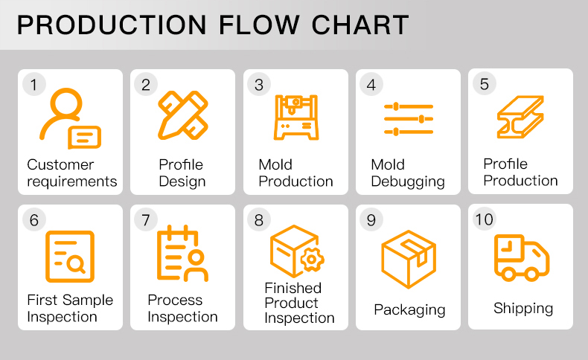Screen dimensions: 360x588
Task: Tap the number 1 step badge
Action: click(x=33, y=84)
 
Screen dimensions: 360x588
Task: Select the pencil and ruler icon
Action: click(x=182, y=115)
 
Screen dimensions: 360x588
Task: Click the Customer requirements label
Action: click(x=71, y=173)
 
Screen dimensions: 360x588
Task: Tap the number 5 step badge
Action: click(x=485, y=83)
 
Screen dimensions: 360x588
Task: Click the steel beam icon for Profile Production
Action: click(x=520, y=118)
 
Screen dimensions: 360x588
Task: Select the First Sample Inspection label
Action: click(x=70, y=308)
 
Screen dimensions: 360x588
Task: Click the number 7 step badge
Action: click(x=146, y=219)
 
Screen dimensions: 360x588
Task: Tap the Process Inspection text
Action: click(x=182, y=308)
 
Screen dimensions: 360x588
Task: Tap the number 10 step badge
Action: click(x=485, y=219)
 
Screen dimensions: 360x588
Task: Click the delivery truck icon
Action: click(x=521, y=257)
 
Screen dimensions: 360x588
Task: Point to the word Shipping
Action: click(x=523, y=308)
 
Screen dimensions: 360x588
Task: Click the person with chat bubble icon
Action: click(x=68, y=118)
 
